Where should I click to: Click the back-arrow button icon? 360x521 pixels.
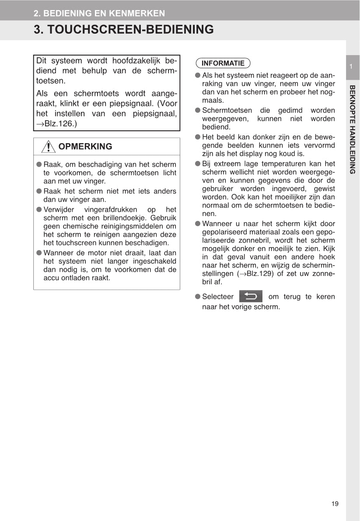[251, 297]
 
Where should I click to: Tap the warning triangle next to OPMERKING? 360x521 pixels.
[48, 147]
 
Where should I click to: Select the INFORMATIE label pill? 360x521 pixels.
[223, 63]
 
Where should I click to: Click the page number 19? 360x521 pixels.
[335, 504]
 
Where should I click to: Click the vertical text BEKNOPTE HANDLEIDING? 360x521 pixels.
[353, 129]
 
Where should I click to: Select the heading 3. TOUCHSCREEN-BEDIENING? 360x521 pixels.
[124, 29]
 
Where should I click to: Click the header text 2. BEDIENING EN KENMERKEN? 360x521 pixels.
[99, 13]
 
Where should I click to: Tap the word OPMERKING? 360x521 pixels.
[85, 147]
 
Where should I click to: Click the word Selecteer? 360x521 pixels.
[218, 297]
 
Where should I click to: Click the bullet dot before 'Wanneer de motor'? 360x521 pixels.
[39, 252]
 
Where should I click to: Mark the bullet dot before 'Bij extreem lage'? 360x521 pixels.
[198, 164]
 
